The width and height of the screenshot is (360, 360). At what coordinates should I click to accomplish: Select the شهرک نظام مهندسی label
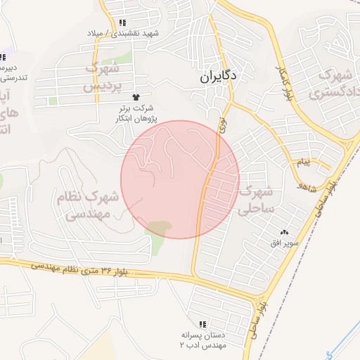[89, 206]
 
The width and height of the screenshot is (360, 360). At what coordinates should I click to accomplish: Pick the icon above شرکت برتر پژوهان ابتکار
[136, 96]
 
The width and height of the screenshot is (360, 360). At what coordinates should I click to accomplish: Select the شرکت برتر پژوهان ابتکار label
[136, 113]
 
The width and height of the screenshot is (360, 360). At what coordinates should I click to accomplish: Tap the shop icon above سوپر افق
[285, 233]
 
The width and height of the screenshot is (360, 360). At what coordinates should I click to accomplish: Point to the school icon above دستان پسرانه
[202, 324]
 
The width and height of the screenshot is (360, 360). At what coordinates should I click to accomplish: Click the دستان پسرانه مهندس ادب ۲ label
[204, 340]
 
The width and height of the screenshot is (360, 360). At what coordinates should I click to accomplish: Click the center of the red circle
[180, 179]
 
